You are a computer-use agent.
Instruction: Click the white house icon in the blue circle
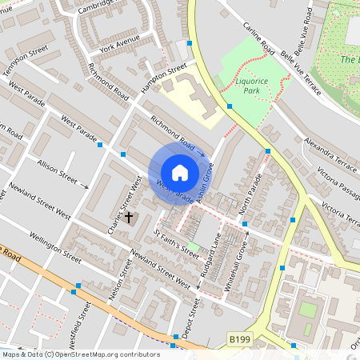click(180, 172)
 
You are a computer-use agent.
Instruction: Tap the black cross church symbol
click(128, 217)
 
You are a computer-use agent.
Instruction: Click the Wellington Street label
click(56, 247)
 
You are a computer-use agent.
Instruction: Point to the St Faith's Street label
click(175, 243)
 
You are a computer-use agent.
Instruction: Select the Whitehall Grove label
click(238, 267)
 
